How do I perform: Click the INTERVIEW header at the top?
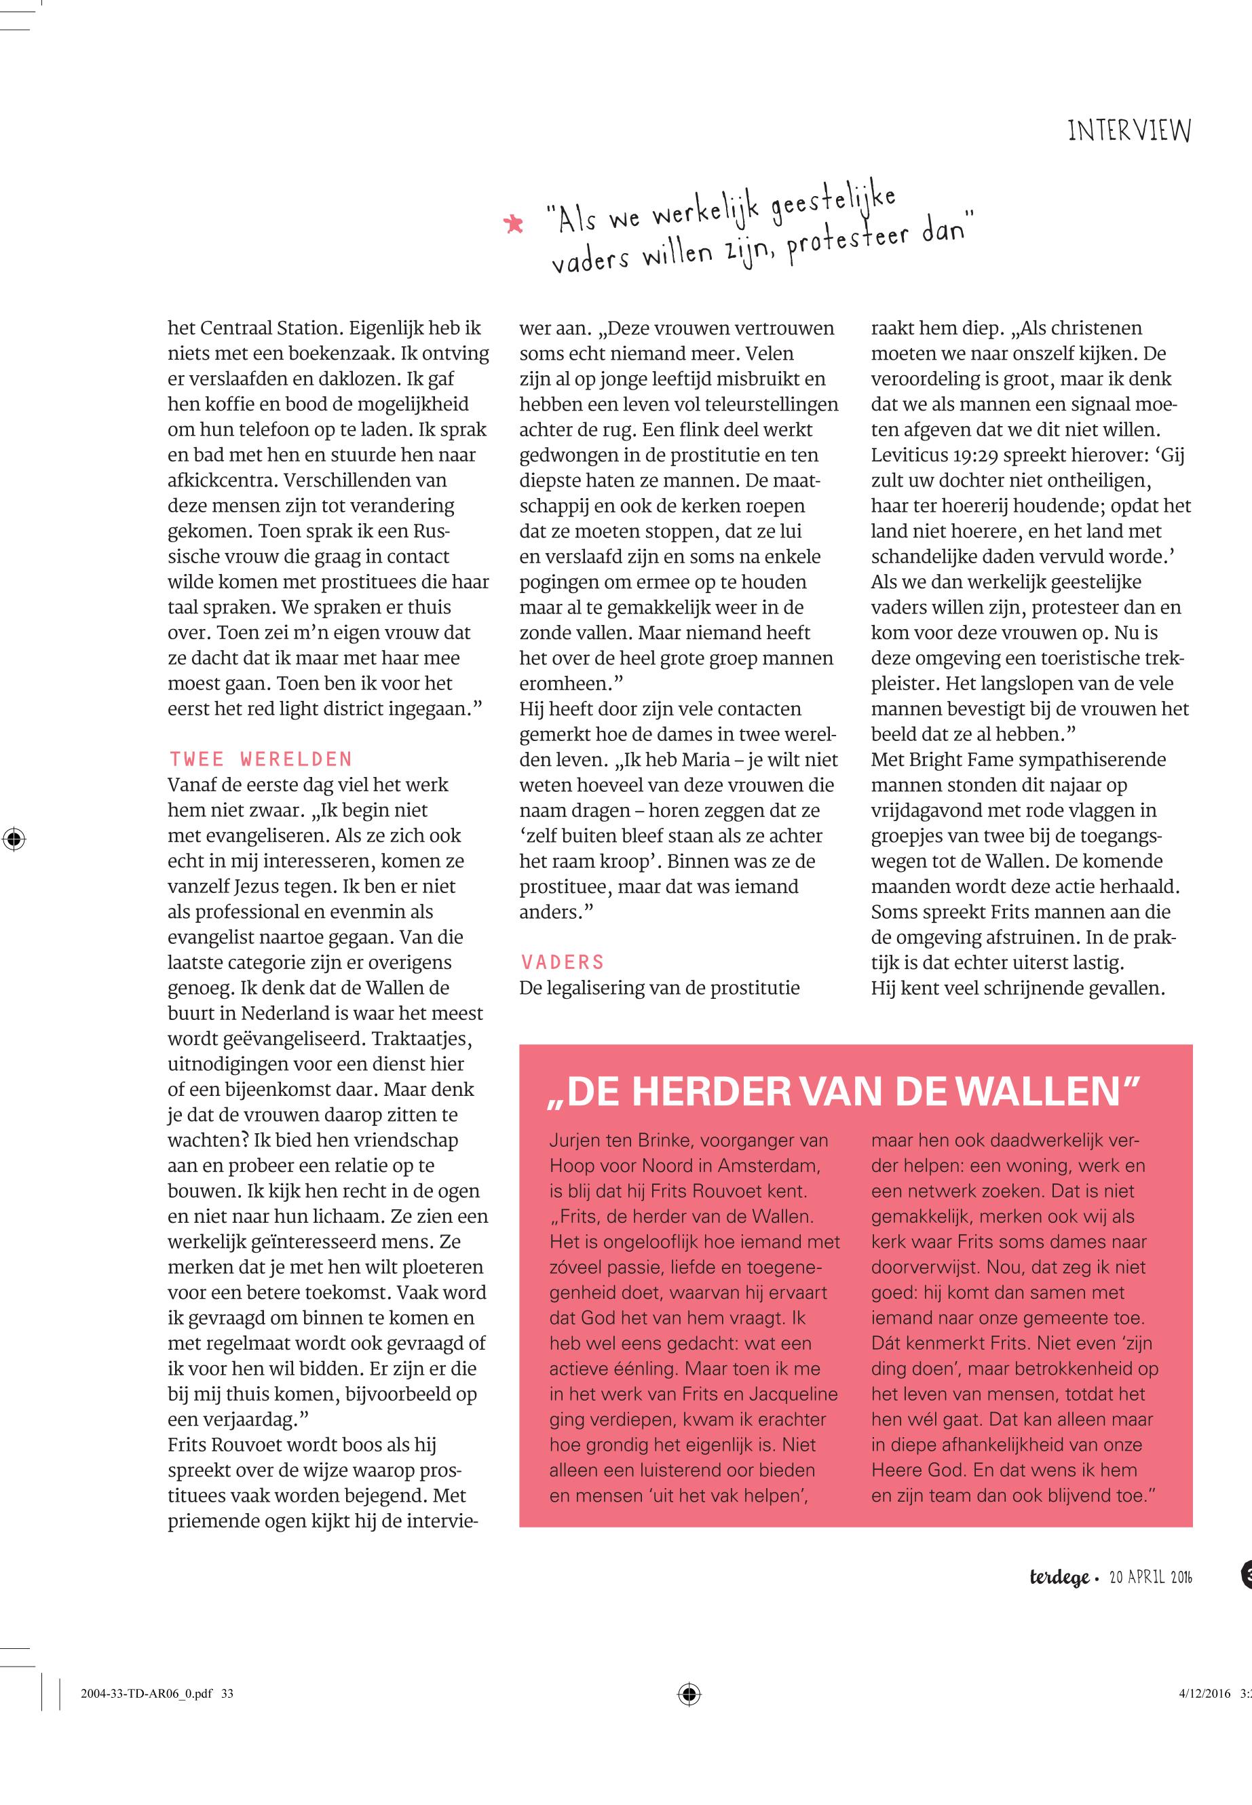coord(1129,130)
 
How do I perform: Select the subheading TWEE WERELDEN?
coord(261,759)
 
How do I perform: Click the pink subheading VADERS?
coord(562,962)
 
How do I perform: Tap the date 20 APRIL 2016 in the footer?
coord(1150,1578)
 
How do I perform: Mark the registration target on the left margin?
coord(14,839)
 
